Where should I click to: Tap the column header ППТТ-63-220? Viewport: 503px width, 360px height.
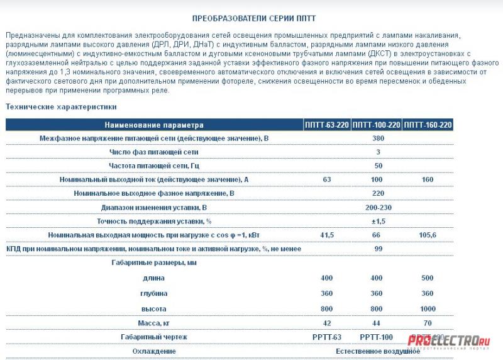pos(327,125)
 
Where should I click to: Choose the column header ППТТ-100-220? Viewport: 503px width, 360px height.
pos(377,125)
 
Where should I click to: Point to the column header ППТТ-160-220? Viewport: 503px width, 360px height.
pos(428,125)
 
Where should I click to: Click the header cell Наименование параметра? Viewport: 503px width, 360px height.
pos(154,125)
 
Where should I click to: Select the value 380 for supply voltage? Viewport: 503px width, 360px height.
pos(378,138)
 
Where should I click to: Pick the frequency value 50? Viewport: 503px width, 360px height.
pos(378,166)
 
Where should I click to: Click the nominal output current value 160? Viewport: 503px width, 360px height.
pos(428,179)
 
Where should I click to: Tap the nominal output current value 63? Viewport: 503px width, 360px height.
pos(327,179)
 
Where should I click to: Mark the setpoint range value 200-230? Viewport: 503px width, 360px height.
pos(378,207)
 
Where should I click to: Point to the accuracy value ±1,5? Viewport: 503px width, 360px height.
pos(378,221)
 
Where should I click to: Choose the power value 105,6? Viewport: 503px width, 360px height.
pos(428,235)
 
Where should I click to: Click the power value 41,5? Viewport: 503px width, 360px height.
pos(327,235)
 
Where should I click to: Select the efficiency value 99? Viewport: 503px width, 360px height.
pos(378,249)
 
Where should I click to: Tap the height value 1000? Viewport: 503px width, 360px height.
pos(428,309)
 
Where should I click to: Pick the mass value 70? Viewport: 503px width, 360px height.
pos(428,323)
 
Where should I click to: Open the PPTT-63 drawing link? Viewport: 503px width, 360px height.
pos(327,337)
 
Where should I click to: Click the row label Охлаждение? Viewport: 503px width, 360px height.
pos(154,351)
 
